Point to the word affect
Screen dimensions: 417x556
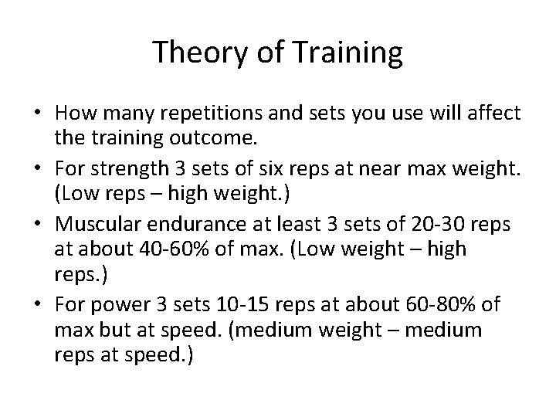(496, 114)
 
